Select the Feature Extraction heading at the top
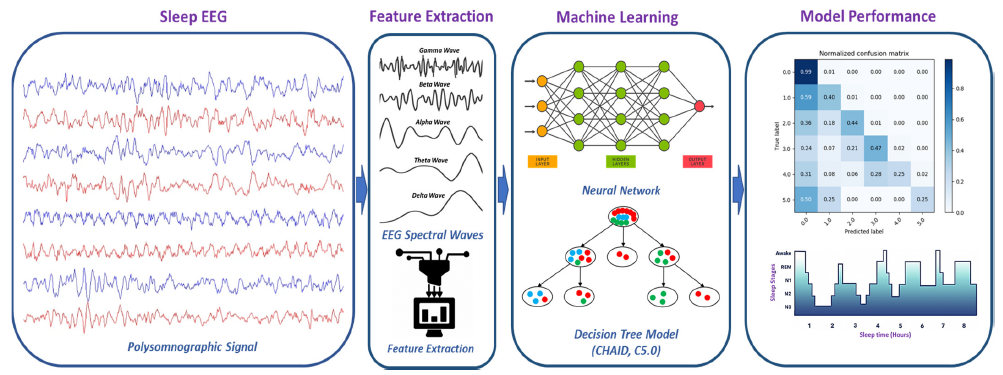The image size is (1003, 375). coord(432,17)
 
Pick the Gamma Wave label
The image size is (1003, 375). coord(435,50)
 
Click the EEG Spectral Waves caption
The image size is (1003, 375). coord(433,233)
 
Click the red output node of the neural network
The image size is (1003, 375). coord(698,105)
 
